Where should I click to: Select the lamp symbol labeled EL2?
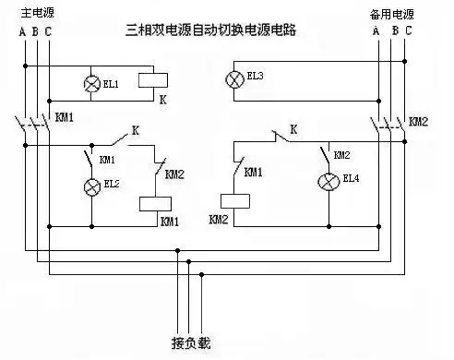(x=91, y=187)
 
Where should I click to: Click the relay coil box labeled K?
(x=152, y=80)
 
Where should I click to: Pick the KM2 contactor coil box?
(x=236, y=200)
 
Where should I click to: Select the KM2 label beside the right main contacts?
(x=418, y=121)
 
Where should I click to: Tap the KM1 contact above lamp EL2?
(x=92, y=155)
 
